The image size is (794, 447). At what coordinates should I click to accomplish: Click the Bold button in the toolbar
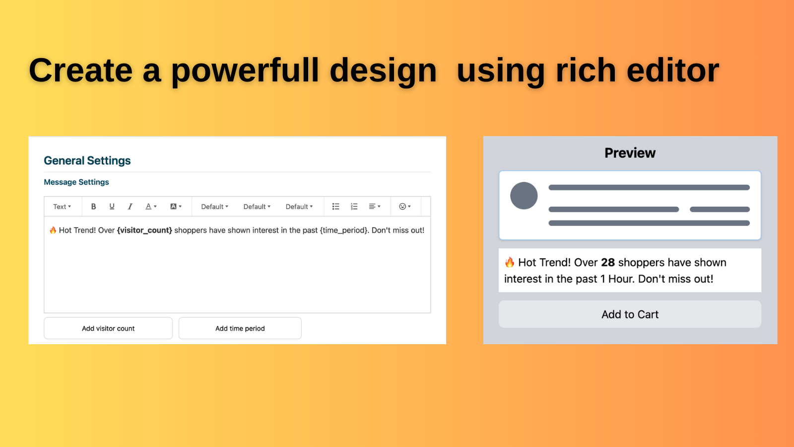[94, 207]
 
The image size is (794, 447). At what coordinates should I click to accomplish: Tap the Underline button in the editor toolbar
[112, 207]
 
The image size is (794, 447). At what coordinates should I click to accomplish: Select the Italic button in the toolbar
[130, 207]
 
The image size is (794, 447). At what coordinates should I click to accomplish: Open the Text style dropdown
[62, 207]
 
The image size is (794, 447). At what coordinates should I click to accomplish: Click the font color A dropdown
[151, 207]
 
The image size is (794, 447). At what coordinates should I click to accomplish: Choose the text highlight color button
[176, 207]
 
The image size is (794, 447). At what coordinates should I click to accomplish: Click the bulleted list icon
[335, 207]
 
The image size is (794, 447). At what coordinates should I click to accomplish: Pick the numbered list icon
[354, 207]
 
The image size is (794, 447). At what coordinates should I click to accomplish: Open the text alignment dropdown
[375, 207]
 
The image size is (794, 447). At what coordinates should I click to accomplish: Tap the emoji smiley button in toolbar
[405, 207]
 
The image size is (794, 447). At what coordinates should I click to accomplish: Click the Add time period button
[240, 328]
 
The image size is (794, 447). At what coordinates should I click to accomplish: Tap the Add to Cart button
[630, 314]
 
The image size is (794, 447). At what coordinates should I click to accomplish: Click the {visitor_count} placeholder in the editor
[144, 230]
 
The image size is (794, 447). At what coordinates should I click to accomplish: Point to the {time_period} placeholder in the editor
[343, 230]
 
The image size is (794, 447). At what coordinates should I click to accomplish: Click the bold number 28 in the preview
[608, 263]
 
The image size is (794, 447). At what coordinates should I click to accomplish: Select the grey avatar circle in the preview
[524, 196]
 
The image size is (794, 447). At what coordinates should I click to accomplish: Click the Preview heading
[630, 153]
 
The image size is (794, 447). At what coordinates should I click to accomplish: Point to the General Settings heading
[87, 161]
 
